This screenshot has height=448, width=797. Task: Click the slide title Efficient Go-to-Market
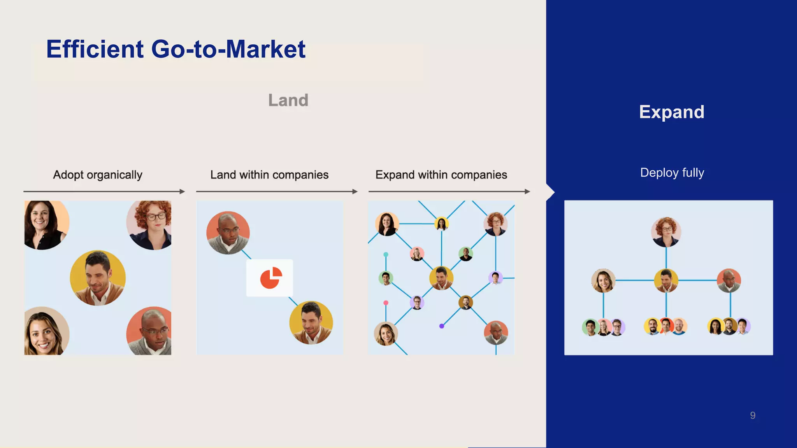[176, 49]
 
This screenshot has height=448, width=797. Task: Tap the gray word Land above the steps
[288, 100]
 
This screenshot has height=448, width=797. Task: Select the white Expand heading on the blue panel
[671, 112]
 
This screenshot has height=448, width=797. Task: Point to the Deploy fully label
[672, 172]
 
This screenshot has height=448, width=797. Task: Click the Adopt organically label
[98, 175]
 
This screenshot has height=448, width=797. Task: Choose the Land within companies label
[269, 175]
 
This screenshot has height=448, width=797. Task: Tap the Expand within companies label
[441, 175]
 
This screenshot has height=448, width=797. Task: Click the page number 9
[753, 415]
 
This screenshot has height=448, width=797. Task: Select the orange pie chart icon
[270, 278]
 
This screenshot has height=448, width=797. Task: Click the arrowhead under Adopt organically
[182, 191]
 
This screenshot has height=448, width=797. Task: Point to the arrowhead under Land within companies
[355, 191]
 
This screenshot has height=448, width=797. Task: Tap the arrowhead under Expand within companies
[527, 191]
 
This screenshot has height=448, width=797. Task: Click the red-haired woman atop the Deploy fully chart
[666, 232]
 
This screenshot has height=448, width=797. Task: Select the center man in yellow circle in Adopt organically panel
[98, 278]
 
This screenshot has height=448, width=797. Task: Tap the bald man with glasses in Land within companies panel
[228, 233]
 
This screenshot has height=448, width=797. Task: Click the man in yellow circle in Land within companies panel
[311, 322]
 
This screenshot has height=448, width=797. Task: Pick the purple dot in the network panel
[442, 326]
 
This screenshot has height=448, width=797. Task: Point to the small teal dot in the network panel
[386, 254]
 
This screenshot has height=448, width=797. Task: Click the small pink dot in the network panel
[386, 303]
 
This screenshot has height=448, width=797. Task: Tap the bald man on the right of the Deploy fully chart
[729, 280]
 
